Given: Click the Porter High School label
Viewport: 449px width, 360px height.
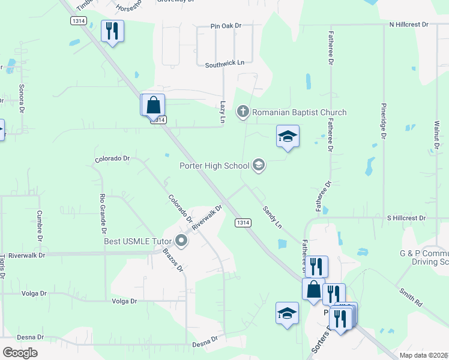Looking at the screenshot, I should click(214, 166).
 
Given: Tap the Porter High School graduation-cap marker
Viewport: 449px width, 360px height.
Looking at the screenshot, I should click(259, 165).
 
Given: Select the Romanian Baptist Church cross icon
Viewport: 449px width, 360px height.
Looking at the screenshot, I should click(243, 112).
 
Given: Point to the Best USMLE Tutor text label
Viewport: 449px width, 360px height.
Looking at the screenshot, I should click(137, 242).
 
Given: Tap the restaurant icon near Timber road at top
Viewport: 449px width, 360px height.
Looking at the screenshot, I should click(112, 31).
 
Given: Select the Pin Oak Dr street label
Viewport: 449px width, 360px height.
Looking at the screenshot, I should click(226, 26).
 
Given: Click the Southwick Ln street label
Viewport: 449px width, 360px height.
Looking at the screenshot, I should click(224, 63).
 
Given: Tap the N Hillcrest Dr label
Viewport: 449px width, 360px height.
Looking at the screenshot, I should click(408, 25).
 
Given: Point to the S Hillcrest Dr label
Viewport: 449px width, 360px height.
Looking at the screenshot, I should click(406, 218).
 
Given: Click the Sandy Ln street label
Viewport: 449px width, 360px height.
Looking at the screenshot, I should click(272, 217).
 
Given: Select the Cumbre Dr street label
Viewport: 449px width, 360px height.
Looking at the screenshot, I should click(40, 223).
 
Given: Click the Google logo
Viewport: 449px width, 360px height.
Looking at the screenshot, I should click(20, 353).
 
